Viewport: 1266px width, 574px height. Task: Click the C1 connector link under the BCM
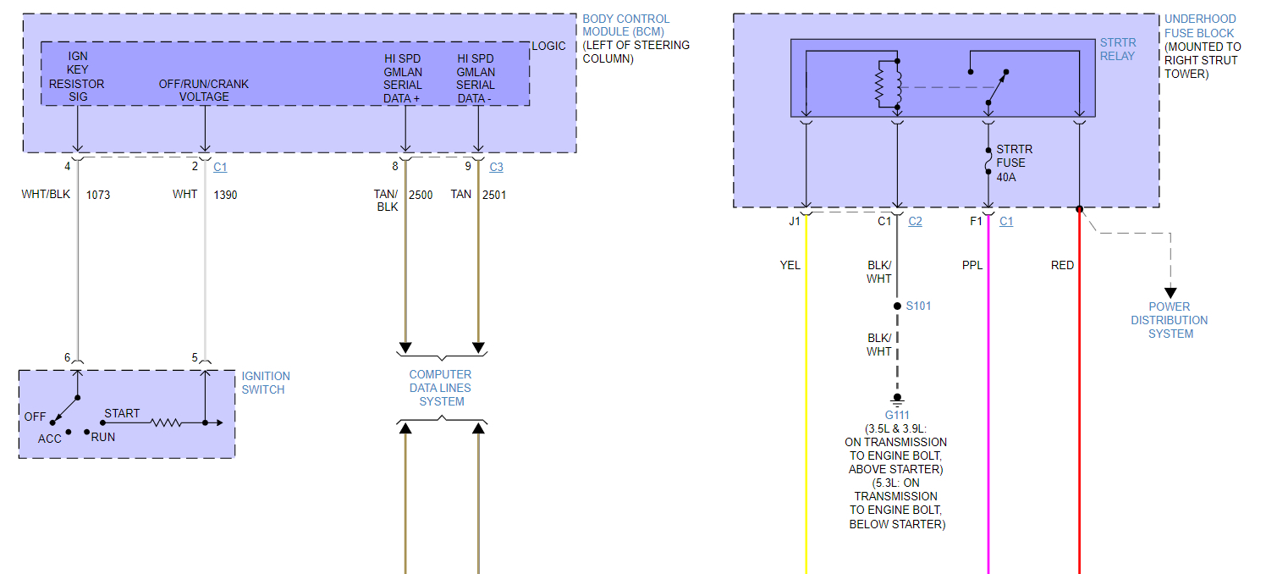coord(220,168)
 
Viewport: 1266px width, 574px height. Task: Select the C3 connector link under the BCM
coord(496,168)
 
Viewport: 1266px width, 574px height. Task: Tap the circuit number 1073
coord(98,195)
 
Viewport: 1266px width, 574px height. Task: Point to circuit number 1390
coord(225,195)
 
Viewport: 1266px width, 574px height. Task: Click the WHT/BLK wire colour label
coord(46,195)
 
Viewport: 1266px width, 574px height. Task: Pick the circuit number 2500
coord(421,195)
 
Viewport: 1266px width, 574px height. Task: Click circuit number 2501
coord(494,195)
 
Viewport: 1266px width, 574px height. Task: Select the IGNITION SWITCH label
coord(266,383)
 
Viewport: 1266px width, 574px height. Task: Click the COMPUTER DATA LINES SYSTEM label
coord(440,388)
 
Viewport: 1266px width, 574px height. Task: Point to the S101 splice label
coord(918,306)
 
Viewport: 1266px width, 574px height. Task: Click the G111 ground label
coord(896,415)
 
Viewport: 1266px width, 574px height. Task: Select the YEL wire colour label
coord(790,265)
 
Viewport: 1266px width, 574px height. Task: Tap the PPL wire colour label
coord(972,265)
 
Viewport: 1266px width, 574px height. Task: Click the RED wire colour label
coord(1062,265)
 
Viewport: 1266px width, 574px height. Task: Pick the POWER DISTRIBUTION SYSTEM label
coord(1170,320)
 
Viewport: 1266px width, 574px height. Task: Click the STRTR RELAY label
coord(1118,49)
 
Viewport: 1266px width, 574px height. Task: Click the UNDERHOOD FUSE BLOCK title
coord(1200,25)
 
